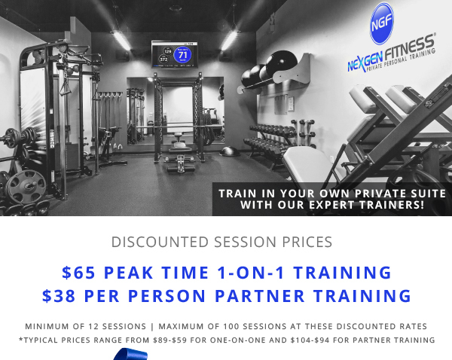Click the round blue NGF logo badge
point(381,23)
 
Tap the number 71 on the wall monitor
point(183,54)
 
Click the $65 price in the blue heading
point(78,273)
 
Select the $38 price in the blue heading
point(59,296)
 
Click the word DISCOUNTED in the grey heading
point(160,242)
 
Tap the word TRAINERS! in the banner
point(392,205)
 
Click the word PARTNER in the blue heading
point(260,296)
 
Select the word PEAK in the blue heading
point(128,273)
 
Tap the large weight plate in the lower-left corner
point(26,187)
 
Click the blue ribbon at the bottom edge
point(130,354)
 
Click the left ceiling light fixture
point(121,40)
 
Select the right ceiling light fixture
point(230,40)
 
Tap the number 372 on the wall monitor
point(163,59)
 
